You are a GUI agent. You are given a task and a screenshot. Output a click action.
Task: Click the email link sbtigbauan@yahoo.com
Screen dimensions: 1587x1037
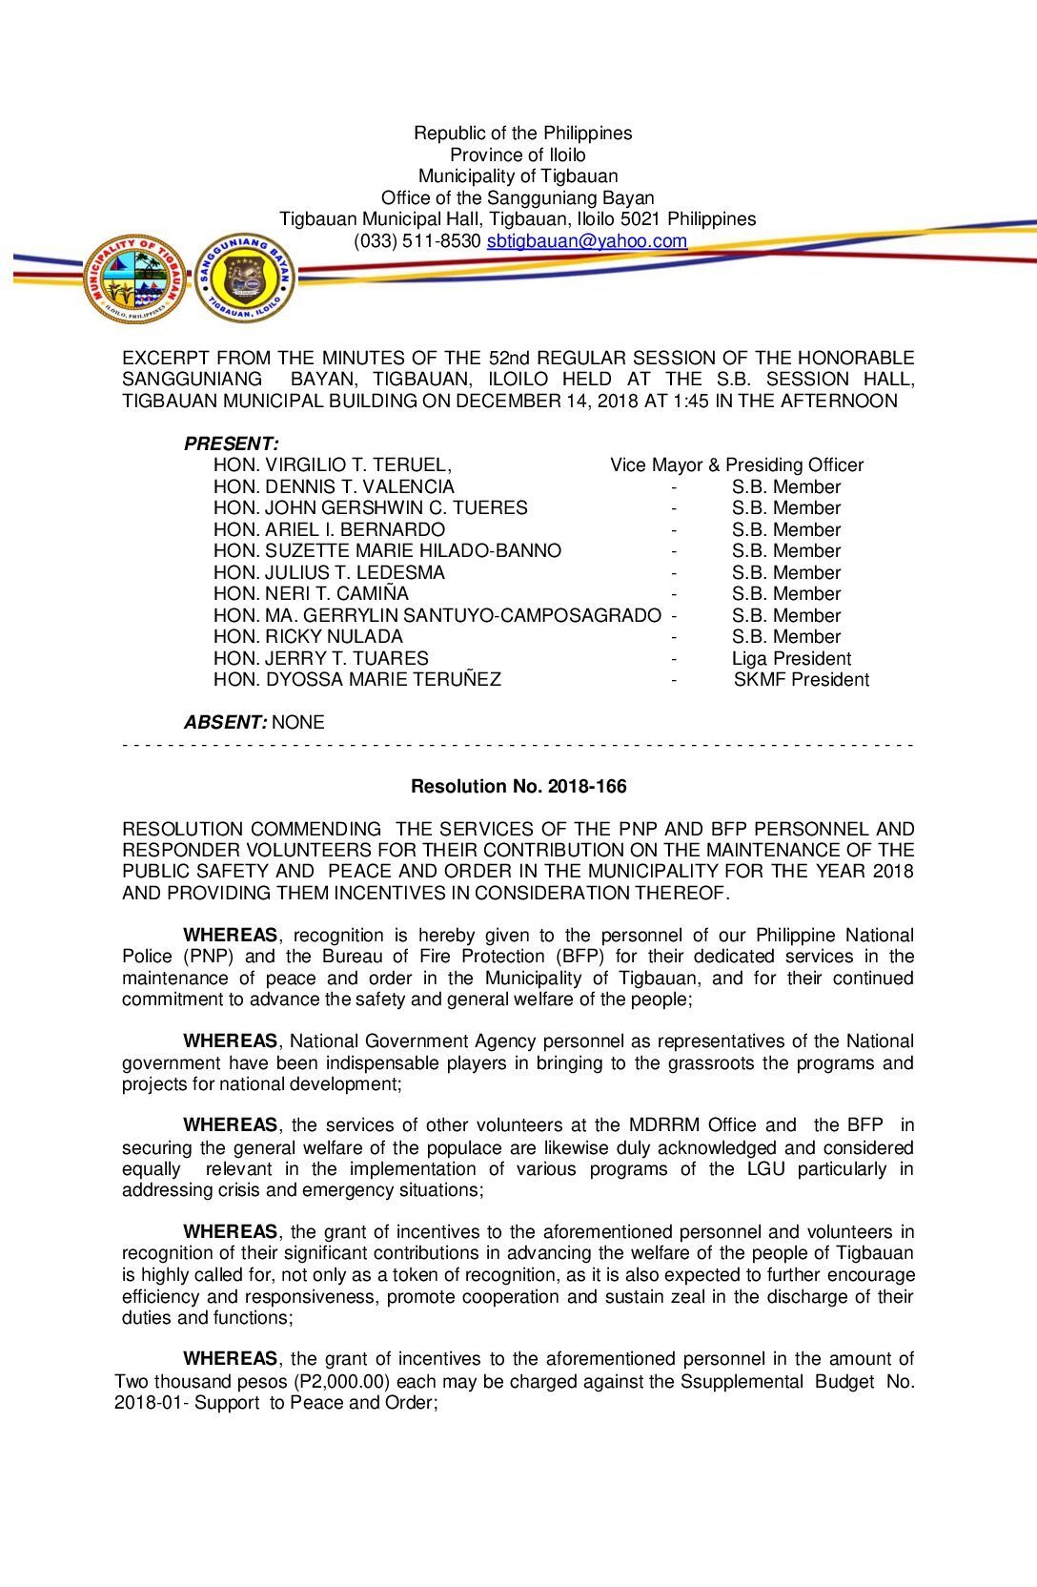(x=586, y=241)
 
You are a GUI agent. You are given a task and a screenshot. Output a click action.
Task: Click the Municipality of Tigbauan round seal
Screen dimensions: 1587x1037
(x=135, y=278)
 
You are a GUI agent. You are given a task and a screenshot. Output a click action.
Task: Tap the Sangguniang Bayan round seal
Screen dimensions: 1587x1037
(x=245, y=278)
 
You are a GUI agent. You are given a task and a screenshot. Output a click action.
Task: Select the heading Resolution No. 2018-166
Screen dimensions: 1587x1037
(x=518, y=787)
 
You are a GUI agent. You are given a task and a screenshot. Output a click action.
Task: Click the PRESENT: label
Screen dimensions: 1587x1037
(x=232, y=443)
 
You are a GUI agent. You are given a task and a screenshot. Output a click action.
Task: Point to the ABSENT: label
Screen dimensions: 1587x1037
(x=226, y=723)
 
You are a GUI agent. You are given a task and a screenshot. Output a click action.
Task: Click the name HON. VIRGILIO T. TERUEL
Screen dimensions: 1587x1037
(x=332, y=465)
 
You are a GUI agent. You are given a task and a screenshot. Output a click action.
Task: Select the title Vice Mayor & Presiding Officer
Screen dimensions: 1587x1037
(x=737, y=465)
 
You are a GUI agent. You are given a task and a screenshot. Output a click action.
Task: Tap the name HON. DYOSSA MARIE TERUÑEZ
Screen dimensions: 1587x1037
(x=356, y=680)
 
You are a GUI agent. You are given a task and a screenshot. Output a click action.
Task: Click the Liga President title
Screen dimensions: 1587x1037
(x=791, y=659)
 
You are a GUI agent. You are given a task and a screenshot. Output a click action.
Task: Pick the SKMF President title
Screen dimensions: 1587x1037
(x=801, y=680)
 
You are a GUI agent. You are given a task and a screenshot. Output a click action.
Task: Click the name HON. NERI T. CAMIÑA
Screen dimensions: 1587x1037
(x=311, y=594)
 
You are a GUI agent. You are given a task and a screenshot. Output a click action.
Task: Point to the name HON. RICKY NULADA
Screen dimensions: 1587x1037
(x=308, y=637)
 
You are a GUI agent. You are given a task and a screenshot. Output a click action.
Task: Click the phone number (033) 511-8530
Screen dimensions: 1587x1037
(x=417, y=241)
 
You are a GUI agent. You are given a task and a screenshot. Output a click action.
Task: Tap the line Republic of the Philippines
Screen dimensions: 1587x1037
(x=522, y=134)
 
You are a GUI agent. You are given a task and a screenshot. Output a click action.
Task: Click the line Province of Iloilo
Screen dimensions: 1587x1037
(x=518, y=155)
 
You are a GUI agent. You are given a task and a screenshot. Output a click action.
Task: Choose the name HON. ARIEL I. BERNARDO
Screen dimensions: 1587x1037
(x=329, y=530)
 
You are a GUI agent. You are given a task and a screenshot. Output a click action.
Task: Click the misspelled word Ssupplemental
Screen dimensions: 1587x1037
(x=742, y=1382)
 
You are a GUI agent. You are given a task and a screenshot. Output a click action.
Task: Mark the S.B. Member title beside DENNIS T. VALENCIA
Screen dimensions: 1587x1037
(x=786, y=487)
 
